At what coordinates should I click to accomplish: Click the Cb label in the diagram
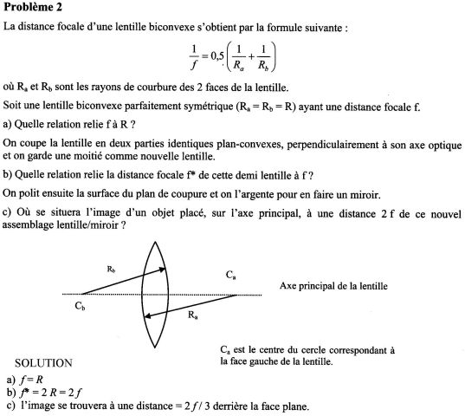(80, 305)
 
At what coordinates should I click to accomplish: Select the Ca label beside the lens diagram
(230, 275)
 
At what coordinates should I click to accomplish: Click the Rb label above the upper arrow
(111, 270)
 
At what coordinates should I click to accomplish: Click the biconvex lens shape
(154, 296)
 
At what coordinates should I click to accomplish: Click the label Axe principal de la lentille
(333, 285)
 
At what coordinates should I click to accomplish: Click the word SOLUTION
(44, 362)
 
